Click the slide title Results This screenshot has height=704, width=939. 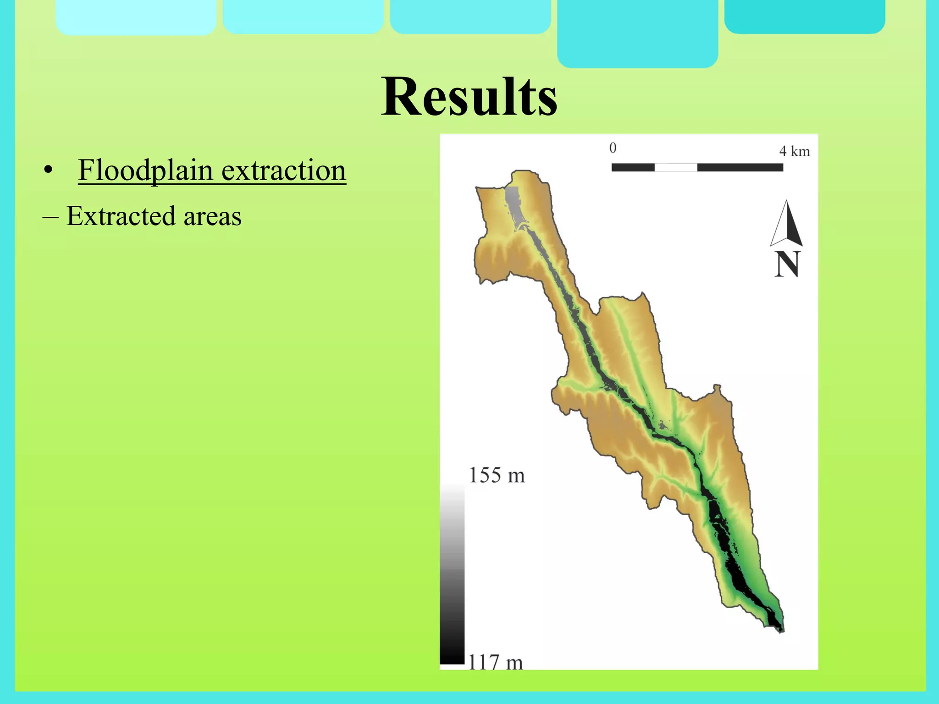tap(469, 98)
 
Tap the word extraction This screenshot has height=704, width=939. tap(284, 170)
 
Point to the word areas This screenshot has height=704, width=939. tap(212, 217)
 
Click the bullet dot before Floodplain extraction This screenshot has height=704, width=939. tap(47, 171)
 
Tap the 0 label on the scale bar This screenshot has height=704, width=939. tap(613, 148)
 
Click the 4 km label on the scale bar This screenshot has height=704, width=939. tap(794, 151)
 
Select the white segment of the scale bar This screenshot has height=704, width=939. tap(676, 167)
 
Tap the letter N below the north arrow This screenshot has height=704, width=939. tap(787, 264)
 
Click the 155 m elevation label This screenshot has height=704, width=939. tap(497, 475)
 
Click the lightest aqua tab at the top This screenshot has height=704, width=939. tap(136, 17)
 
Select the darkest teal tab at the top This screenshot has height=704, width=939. tap(804, 16)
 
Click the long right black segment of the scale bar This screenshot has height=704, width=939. tap(740, 167)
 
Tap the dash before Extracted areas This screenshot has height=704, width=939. tap(50, 217)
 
